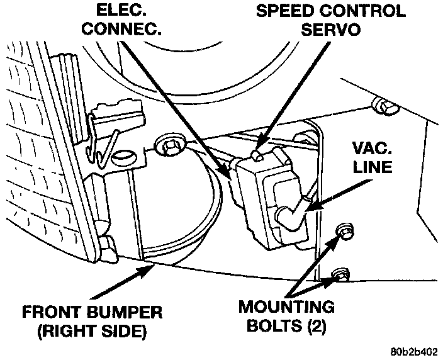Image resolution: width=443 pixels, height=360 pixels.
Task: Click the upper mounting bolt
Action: [x=344, y=231]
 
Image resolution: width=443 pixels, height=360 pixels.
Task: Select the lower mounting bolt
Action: [x=340, y=274]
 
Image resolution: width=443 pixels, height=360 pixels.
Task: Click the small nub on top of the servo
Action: [x=256, y=154]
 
